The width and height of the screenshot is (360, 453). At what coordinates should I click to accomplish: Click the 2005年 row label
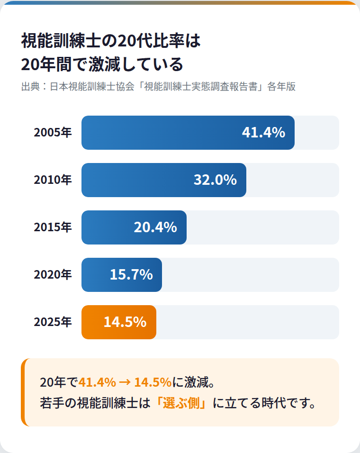pos(53,133)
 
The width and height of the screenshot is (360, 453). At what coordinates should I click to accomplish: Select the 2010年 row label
pos(53,180)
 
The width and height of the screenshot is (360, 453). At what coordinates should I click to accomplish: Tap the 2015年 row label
pos(53,227)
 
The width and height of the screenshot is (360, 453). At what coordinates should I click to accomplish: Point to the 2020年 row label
pos(53,275)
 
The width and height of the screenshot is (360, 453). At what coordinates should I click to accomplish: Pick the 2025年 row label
pos(53,322)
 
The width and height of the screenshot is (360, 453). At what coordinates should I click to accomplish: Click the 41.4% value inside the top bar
pos(263,133)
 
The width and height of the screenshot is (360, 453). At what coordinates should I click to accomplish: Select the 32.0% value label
pos(215,180)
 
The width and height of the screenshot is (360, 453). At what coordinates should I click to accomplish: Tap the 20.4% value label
pos(155,227)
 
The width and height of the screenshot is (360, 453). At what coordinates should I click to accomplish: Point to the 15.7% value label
pos(131,275)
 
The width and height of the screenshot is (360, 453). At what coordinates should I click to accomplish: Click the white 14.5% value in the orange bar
pos(125,322)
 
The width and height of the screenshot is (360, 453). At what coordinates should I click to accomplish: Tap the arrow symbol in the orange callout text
pos(125,382)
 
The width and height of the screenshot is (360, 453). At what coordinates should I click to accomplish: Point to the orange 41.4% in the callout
pos(97,382)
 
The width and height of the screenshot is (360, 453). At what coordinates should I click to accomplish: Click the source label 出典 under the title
pos(30,87)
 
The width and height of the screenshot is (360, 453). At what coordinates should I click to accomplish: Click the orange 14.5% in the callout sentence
pos(153,382)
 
